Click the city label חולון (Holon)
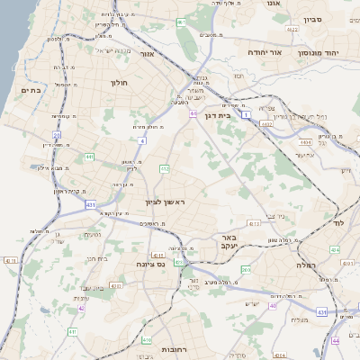pos(121,83)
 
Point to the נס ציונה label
pos(150,264)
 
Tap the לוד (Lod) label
pos(338,221)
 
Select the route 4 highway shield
pos(142,140)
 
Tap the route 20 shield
pos(57,136)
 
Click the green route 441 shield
pos(88,157)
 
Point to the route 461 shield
pos(181,22)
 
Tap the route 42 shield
pos(81,308)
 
